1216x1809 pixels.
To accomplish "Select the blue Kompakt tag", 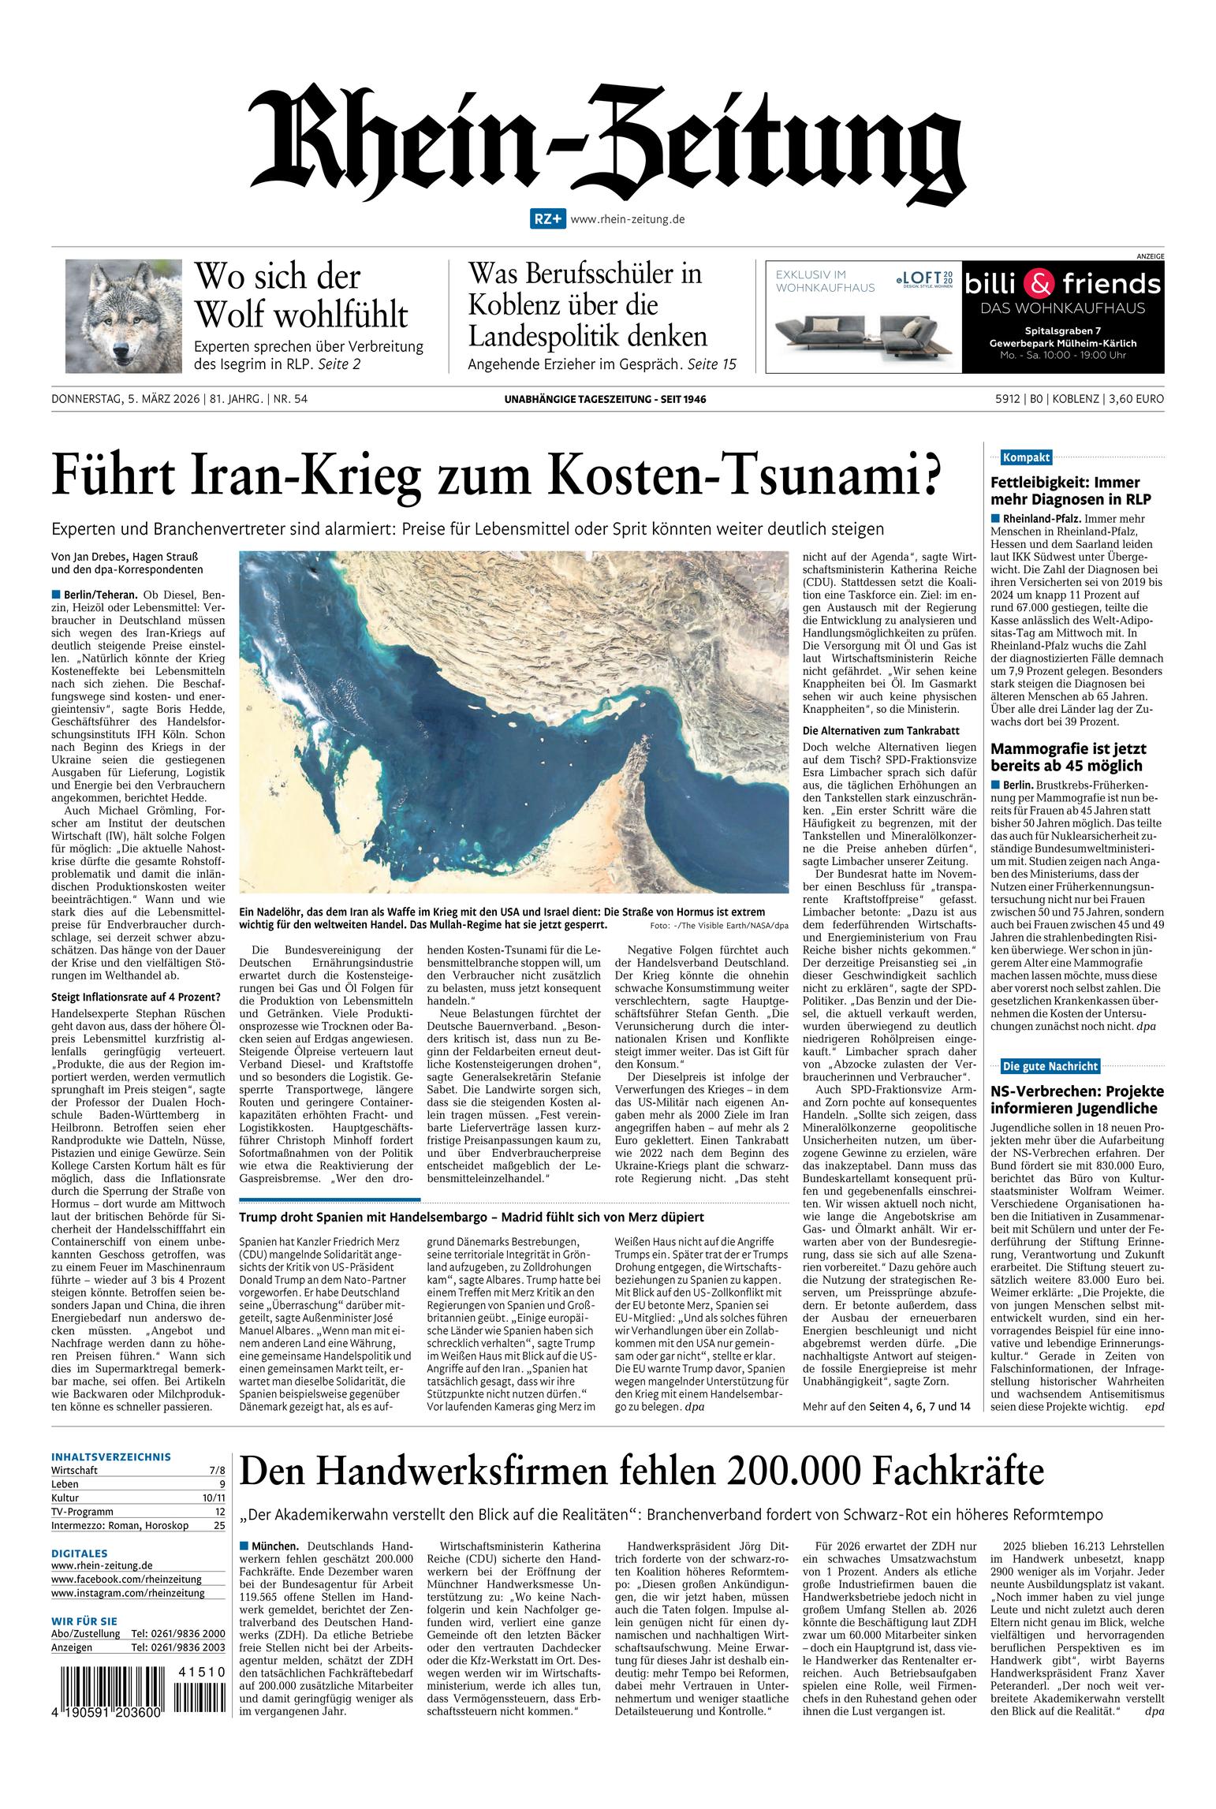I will (x=1025, y=457).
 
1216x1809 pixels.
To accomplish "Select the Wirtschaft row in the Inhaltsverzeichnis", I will (x=138, y=1471).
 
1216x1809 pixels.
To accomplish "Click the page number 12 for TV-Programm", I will (x=219, y=1512).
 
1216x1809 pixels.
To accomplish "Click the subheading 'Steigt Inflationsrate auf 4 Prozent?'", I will (x=135, y=998).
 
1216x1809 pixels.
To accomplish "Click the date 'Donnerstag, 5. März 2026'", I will (x=125, y=400).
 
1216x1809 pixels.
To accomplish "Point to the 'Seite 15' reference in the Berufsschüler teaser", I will (x=711, y=364).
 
